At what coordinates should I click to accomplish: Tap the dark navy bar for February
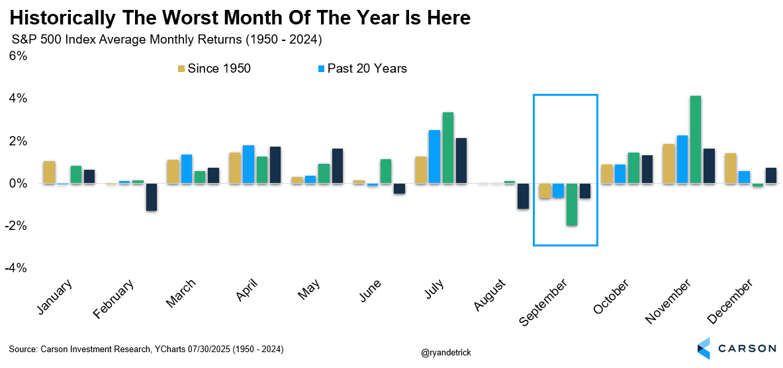click(x=152, y=197)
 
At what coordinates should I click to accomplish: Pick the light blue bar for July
click(x=434, y=157)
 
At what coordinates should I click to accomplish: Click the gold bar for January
click(x=50, y=172)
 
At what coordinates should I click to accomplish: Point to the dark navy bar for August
click(x=524, y=196)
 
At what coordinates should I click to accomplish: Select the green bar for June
click(x=386, y=172)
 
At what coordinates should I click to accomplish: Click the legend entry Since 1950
click(x=214, y=68)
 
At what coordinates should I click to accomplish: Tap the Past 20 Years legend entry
click(x=363, y=68)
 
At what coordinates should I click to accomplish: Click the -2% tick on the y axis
click(x=16, y=226)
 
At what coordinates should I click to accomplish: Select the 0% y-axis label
click(x=18, y=184)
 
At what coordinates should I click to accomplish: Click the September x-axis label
click(x=544, y=303)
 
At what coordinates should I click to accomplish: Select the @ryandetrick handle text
click(x=446, y=352)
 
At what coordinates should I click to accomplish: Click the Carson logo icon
click(x=704, y=348)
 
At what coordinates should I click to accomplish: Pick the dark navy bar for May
click(x=337, y=166)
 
